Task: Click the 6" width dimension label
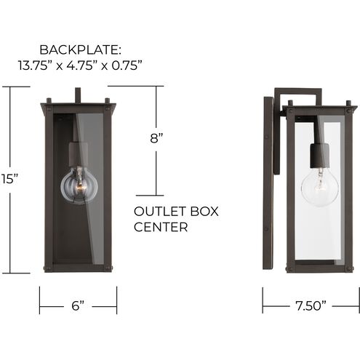tap(77, 306)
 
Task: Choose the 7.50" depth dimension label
tap(311, 306)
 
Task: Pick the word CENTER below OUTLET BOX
tap(161, 227)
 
